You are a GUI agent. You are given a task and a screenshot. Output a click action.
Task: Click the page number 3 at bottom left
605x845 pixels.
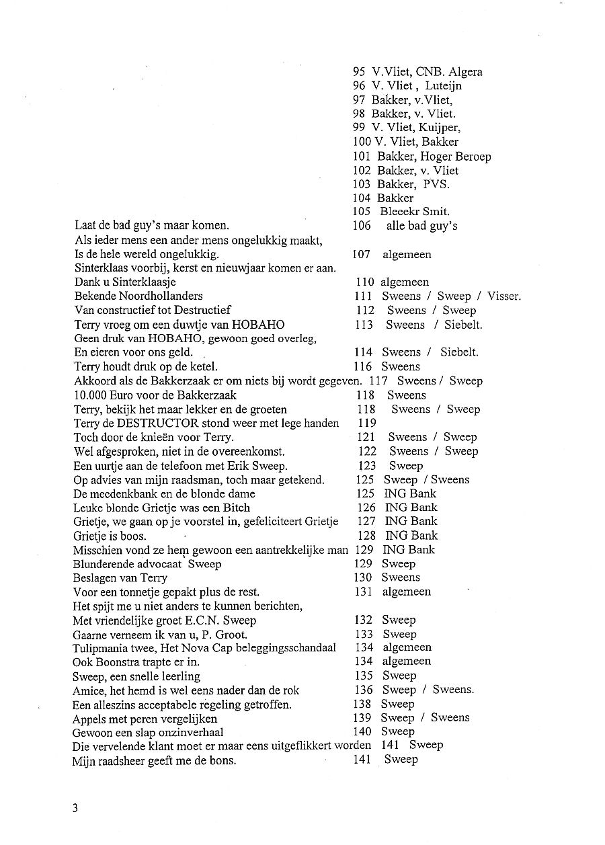75,807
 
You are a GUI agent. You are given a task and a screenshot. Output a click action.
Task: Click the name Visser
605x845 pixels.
503,296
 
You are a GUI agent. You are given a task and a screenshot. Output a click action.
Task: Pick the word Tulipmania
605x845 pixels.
102,648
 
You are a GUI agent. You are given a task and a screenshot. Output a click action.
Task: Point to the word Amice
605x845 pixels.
89,690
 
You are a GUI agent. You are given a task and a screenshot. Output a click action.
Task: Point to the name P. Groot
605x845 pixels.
228,635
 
